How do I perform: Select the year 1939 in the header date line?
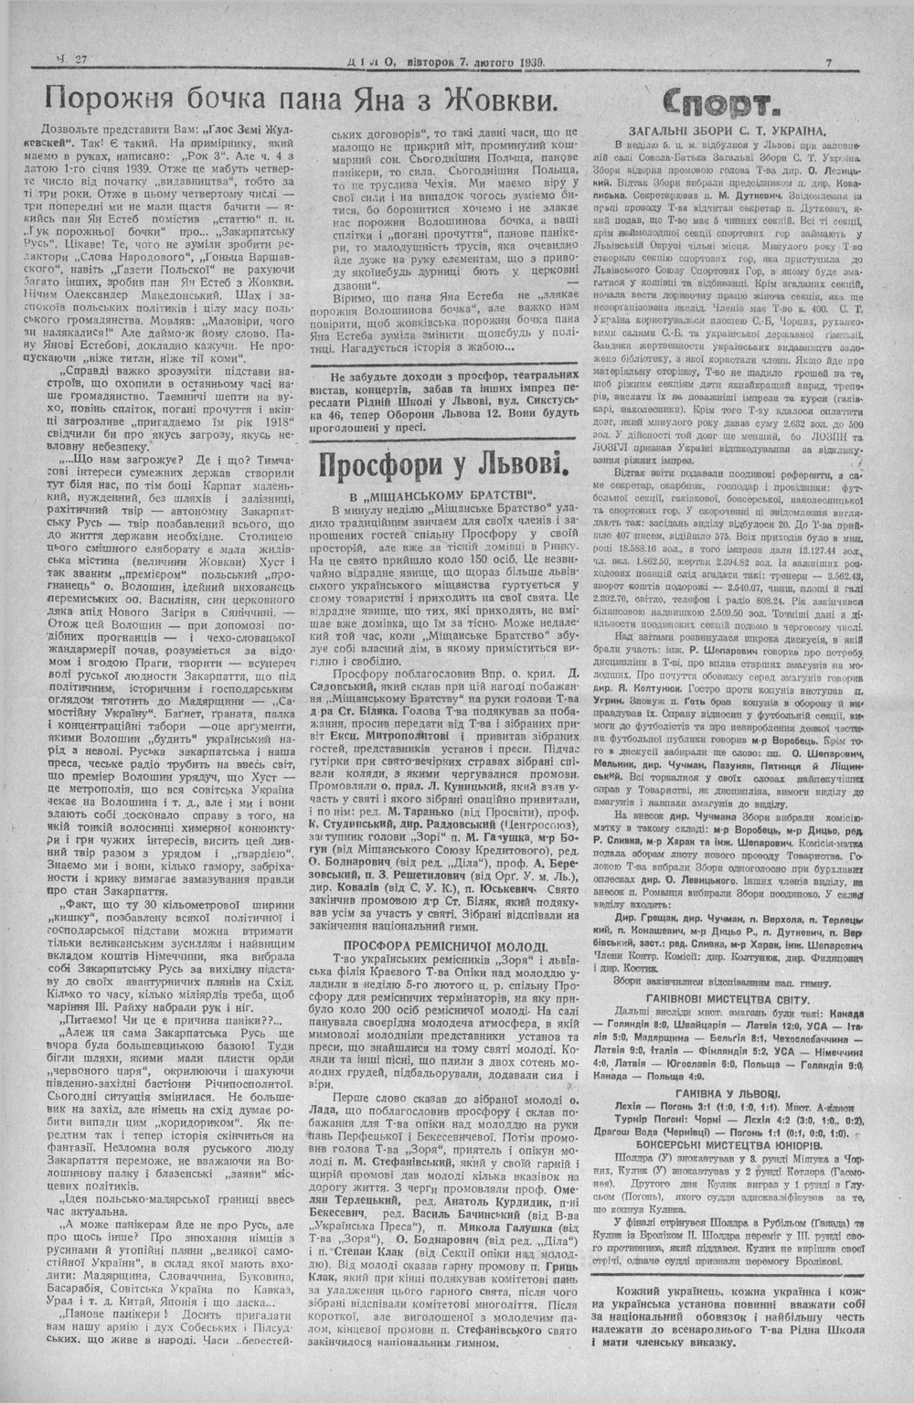coord(526,62)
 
